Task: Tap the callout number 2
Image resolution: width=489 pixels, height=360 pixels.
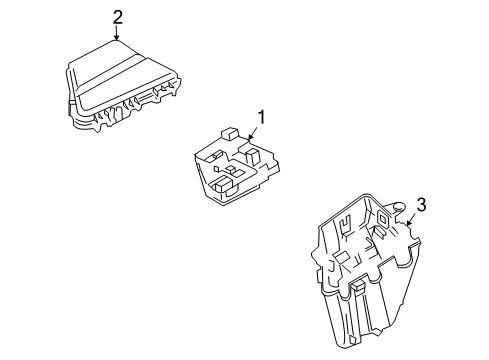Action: tap(117, 16)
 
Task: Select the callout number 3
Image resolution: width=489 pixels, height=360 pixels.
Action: tap(421, 205)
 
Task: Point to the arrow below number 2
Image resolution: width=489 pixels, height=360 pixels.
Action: tap(117, 33)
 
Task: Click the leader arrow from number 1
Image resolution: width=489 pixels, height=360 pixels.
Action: tap(253, 134)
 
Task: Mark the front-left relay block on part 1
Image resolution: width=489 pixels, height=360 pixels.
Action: tap(222, 186)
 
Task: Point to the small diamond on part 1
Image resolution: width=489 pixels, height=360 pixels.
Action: tap(232, 172)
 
